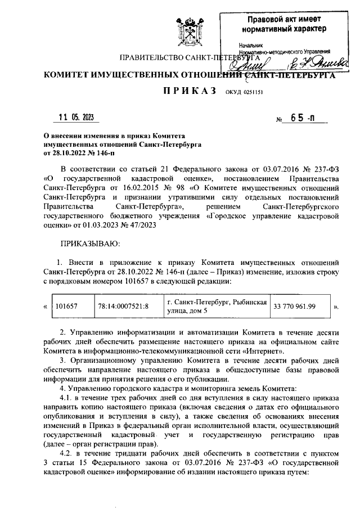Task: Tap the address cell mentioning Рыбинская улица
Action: [x=217, y=307]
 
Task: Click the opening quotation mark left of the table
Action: [x=45, y=307]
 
